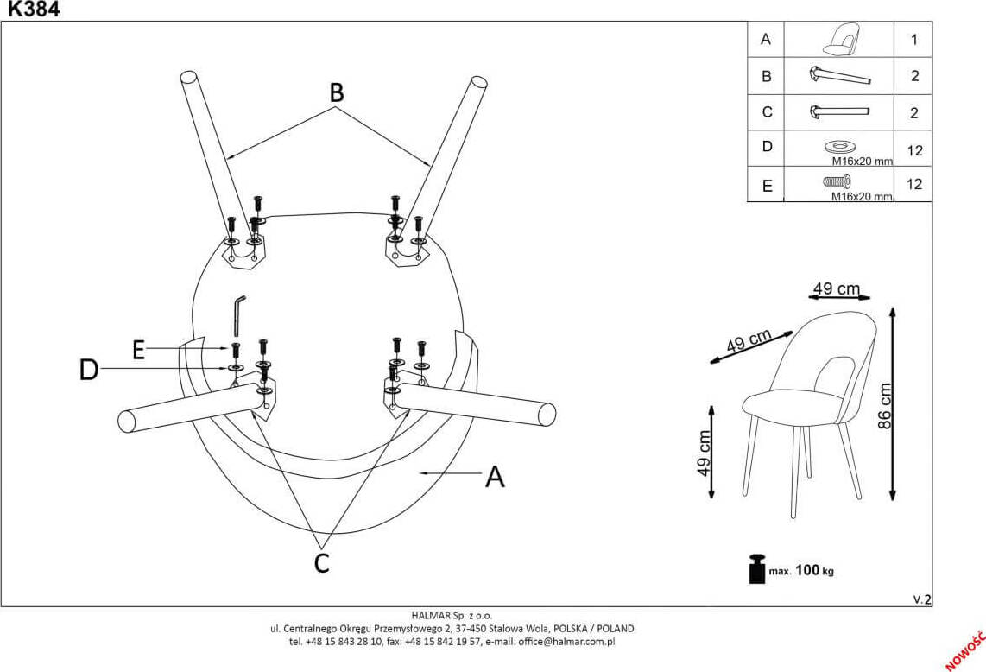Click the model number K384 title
(30, 10)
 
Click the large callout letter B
(336, 92)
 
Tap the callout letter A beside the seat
(494, 476)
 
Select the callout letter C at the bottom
(321, 562)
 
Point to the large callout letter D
(89, 371)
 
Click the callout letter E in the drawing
(138, 349)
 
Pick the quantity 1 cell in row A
(913, 40)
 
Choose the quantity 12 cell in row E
(913, 184)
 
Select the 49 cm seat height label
(704, 453)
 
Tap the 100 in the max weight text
(806, 570)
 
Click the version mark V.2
(922, 599)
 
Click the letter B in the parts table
(766, 76)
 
